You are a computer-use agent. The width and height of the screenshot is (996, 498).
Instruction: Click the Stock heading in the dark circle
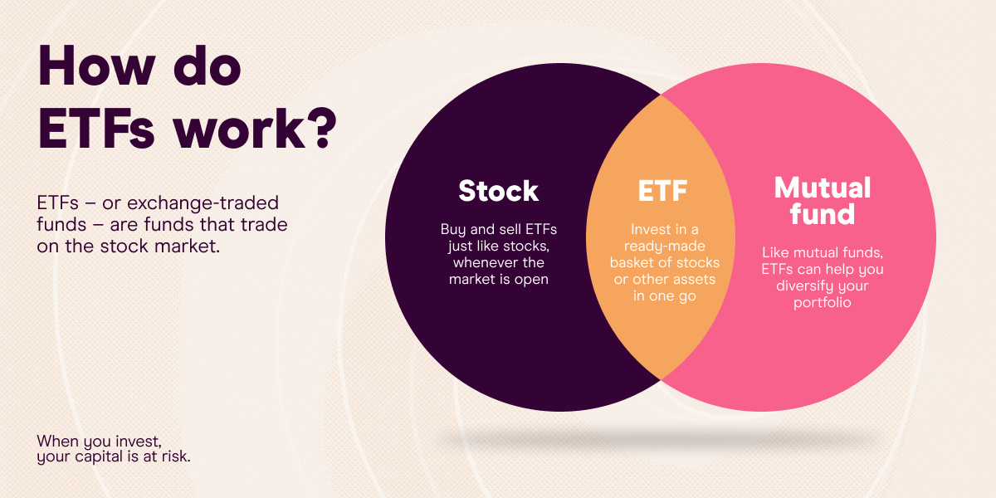pos(498,191)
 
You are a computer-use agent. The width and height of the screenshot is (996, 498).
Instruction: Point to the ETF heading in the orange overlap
pos(662,191)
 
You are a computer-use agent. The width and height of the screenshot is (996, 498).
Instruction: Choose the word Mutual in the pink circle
pos(822,188)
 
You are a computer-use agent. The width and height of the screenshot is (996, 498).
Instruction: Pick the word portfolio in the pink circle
pos(822,304)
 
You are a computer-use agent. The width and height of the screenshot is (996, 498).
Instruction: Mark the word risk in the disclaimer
pos(177,456)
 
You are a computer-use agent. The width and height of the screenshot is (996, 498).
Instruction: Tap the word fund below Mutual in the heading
pos(822,215)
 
